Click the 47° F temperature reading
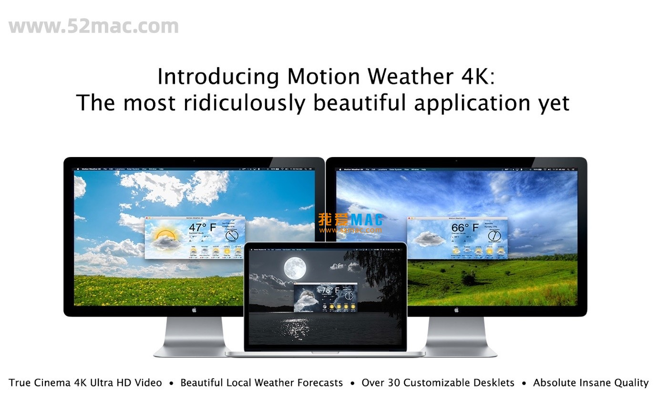coord(202,227)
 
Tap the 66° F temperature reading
coord(465,227)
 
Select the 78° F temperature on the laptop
coord(330,290)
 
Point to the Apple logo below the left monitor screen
coord(194,310)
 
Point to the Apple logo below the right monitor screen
coord(456,310)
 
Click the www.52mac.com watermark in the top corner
coord(93,26)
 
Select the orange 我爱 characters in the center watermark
coord(334,220)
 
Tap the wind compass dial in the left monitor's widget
coord(232,236)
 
